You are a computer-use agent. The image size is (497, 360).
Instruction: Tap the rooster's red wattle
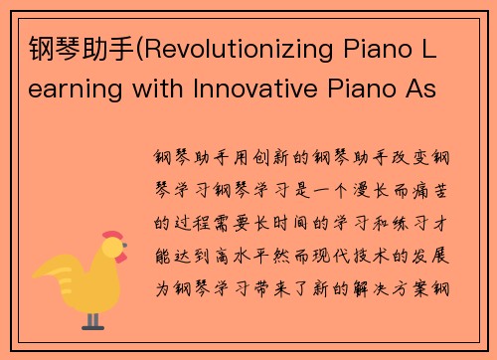pos(119,261)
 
